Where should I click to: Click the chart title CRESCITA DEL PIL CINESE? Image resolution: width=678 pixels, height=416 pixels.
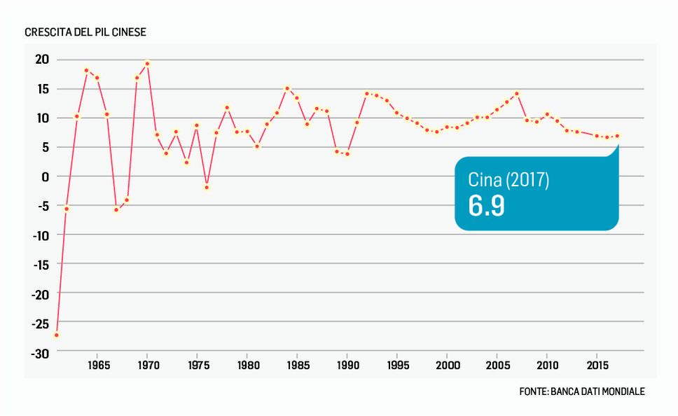[85, 33]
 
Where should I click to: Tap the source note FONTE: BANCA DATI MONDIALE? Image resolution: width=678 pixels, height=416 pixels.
[582, 391]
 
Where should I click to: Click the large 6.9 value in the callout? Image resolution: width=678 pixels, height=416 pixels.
[487, 206]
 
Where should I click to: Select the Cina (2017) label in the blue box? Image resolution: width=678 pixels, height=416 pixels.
[509, 179]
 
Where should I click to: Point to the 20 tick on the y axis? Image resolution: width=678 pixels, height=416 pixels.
[43, 60]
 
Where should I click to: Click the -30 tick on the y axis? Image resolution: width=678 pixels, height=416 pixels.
[40, 354]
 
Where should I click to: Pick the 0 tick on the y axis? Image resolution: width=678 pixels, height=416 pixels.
[46, 177]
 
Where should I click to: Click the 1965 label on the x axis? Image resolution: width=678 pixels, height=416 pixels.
[97, 366]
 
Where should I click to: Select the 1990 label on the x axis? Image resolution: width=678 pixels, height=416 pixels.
[347, 366]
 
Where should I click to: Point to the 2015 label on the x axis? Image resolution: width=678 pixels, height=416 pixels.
[597, 366]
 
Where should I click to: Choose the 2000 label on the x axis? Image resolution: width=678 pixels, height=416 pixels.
[447, 366]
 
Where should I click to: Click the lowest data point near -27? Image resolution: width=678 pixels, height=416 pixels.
[57, 335]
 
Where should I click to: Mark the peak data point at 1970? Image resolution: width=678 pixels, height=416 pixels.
[147, 64]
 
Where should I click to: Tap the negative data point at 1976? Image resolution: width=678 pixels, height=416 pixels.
[207, 187]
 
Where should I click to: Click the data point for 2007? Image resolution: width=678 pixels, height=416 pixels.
[517, 93]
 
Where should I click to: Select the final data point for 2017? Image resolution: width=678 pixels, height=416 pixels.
[617, 136]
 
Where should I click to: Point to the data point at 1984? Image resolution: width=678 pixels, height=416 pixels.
[287, 89]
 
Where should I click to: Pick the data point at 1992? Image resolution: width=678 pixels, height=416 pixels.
[366, 93]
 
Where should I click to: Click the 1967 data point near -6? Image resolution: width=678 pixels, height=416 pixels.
[116, 209]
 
